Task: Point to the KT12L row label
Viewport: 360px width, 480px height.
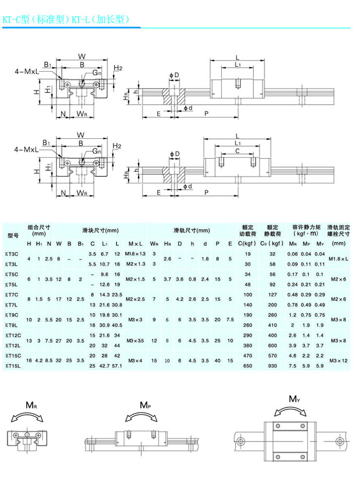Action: coord(12,345)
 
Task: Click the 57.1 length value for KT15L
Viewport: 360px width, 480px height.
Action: coord(117,365)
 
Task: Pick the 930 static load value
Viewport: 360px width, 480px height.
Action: coord(272,365)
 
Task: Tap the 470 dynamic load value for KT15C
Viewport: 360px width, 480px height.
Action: coord(248,356)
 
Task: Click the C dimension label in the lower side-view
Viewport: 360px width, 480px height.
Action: coord(237,151)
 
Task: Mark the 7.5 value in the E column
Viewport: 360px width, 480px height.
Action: coord(230,320)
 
